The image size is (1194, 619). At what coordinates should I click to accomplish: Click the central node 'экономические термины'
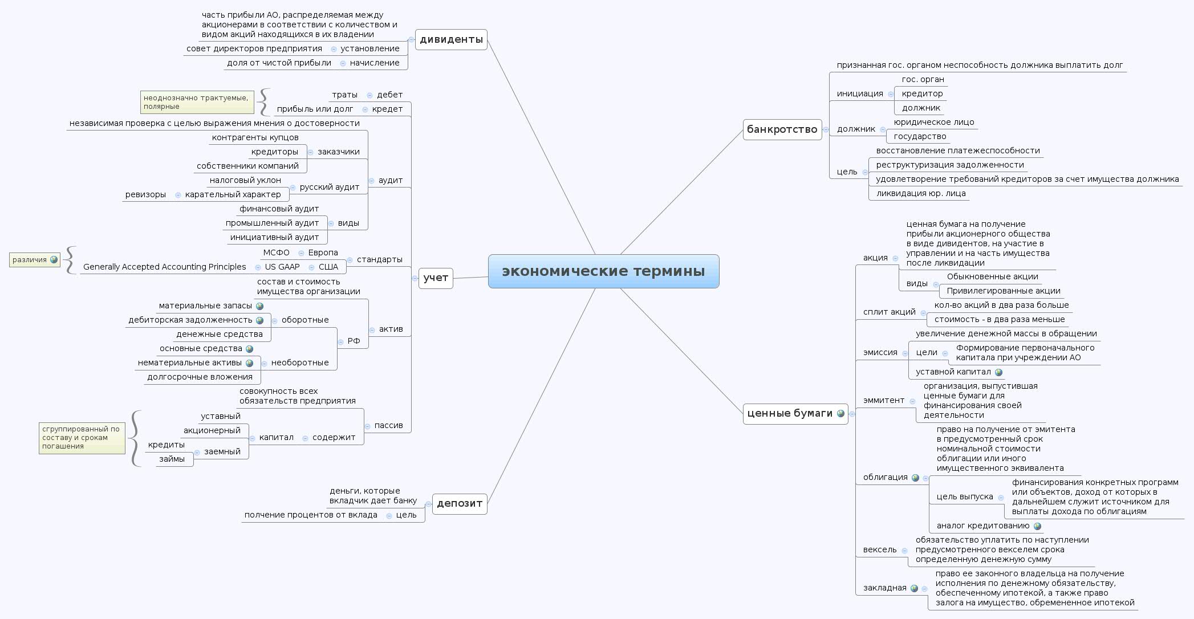coord(603,271)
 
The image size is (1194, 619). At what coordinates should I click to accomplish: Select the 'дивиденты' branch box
coord(451,39)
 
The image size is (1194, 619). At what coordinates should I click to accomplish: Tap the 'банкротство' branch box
coord(782,129)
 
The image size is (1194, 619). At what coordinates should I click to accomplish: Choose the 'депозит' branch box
coord(459,503)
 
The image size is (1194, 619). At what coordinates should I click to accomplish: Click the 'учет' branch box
coord(436,278)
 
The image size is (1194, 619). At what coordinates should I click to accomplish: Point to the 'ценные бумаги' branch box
coord(795,413)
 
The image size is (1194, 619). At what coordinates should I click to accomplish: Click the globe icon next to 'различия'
coord(54,260)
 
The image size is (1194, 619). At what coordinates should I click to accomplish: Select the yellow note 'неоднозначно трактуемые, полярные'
coord(197,102)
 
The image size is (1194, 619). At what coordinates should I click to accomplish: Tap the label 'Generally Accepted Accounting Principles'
coord(164,267)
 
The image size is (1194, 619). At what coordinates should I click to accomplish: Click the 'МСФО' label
coord(276,253)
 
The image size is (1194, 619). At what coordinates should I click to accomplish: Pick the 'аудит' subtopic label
coord(391,180)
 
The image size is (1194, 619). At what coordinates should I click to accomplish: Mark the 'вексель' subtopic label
coord(880,549)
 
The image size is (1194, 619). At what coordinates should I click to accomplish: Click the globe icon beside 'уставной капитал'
coord(998,372)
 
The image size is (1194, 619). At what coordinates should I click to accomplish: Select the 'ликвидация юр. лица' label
coord(920,193)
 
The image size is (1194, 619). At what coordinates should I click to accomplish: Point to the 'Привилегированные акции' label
coord(1004,291)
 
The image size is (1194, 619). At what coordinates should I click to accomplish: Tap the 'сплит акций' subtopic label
coord(889,312)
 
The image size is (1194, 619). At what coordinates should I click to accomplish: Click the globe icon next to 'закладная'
coord(914,588)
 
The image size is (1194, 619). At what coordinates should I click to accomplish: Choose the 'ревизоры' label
coord(145,194)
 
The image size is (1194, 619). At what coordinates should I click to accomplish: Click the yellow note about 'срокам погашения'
coord(82,438)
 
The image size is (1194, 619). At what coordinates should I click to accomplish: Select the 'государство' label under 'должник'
coord(920,136)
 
